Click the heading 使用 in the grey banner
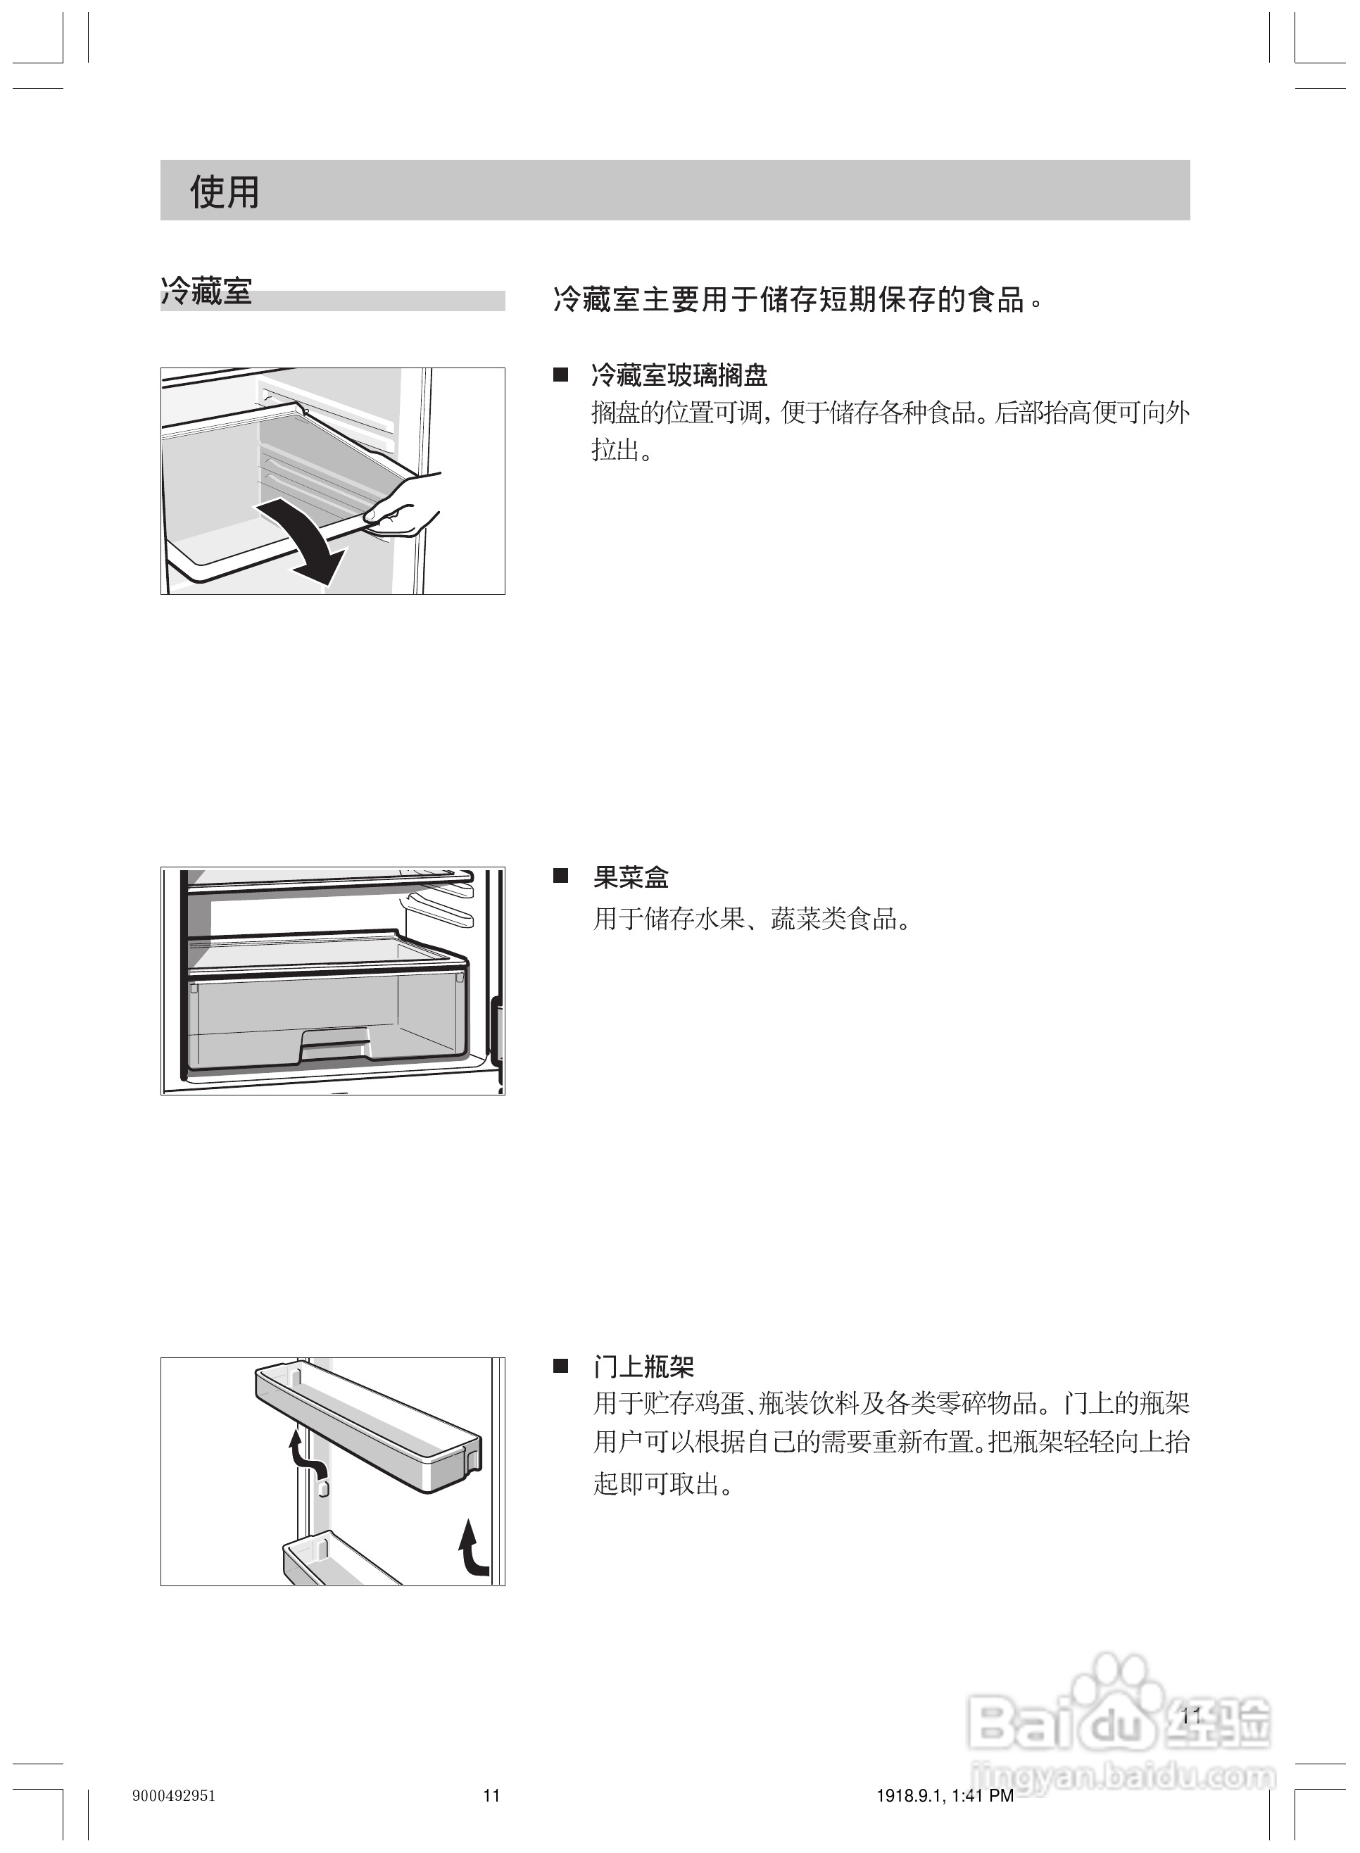point(224,191)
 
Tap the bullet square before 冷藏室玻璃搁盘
point(560,375)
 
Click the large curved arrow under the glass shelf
point(305,544)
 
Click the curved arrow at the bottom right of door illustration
point(472,1550)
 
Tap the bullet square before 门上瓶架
point(560,1367)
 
